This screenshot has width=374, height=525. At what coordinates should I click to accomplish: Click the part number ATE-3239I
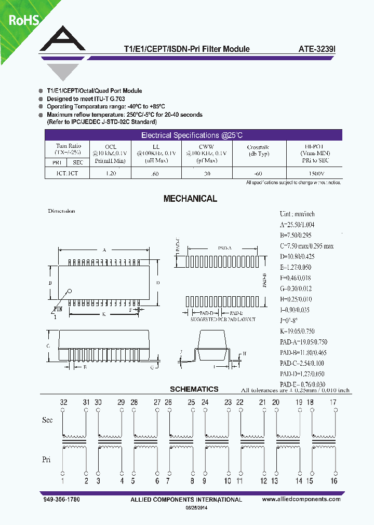[x=317, y=49]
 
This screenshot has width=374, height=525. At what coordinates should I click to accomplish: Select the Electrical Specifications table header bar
[x=192, y=135]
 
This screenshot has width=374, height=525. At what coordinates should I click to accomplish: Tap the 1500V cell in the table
[x=315, y=173]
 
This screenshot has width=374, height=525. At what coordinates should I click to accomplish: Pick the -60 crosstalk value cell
[x=258, y=173]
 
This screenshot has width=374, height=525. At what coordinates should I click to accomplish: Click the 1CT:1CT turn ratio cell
[x=68, y=173]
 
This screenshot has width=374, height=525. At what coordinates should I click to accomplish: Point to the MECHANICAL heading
[x=190, y=199]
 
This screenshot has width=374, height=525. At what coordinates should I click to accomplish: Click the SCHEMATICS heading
[x=194, y=389]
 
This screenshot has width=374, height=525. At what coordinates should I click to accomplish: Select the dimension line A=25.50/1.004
[x=297, y=225]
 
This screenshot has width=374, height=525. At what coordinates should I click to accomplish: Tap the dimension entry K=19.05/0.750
[x=297, y=331]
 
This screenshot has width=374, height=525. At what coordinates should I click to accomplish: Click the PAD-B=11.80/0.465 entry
[x=303, y=352]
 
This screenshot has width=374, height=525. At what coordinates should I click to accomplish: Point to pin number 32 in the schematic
[x=63, y=402]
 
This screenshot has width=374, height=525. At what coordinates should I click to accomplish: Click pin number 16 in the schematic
[x=334, y=481]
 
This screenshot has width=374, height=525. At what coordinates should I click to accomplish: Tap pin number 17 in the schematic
[x=333, y=402]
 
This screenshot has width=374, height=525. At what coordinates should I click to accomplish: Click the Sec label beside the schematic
[x=47, y=420]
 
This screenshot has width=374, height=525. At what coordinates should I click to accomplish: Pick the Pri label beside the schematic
[x=46, y=459]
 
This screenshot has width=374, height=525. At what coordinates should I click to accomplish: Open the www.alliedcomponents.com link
[x=301, y=499]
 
